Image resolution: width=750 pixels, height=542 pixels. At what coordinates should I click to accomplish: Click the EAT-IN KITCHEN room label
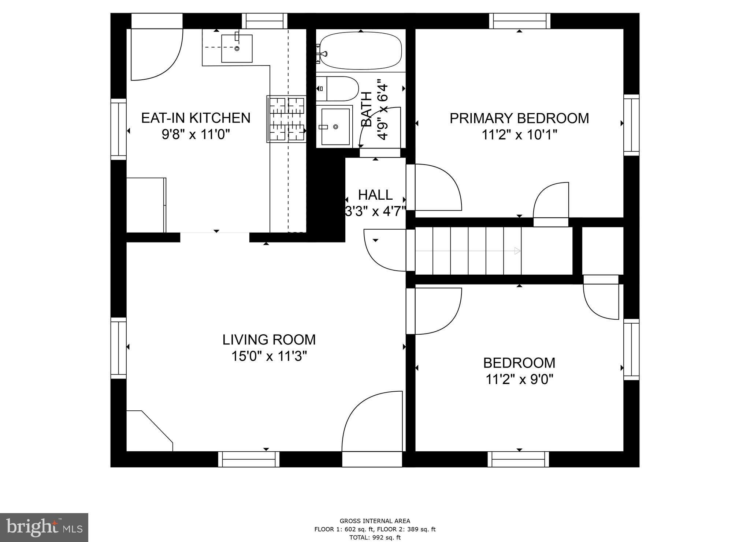coord(196,118)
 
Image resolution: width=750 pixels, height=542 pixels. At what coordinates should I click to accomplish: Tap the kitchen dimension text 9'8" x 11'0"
coord(196,135)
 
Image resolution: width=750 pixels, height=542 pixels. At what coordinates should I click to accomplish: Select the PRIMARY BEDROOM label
coord(519,118)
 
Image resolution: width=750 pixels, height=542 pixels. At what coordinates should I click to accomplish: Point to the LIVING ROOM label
coord(269,340)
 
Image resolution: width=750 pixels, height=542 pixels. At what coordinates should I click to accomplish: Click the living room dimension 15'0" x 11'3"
coord(269,356)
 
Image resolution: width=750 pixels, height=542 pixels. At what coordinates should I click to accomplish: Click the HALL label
coord(375,195)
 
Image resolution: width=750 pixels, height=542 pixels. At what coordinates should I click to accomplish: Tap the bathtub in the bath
coord(361,50)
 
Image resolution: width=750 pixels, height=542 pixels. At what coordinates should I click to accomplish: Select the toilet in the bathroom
coord(339,89)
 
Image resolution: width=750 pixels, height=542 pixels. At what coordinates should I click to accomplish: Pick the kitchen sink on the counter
coord(237,48)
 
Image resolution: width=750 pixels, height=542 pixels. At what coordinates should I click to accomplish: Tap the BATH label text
coord(367,109)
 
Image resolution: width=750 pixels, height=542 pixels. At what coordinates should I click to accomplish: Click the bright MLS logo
coord(44,527)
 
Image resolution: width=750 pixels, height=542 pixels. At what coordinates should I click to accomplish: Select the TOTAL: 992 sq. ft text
coord(375,537)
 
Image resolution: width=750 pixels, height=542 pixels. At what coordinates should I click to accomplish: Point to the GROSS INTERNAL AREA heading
coord(375,521)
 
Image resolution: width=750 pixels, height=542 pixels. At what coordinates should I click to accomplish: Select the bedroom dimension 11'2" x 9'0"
coord(519,380)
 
